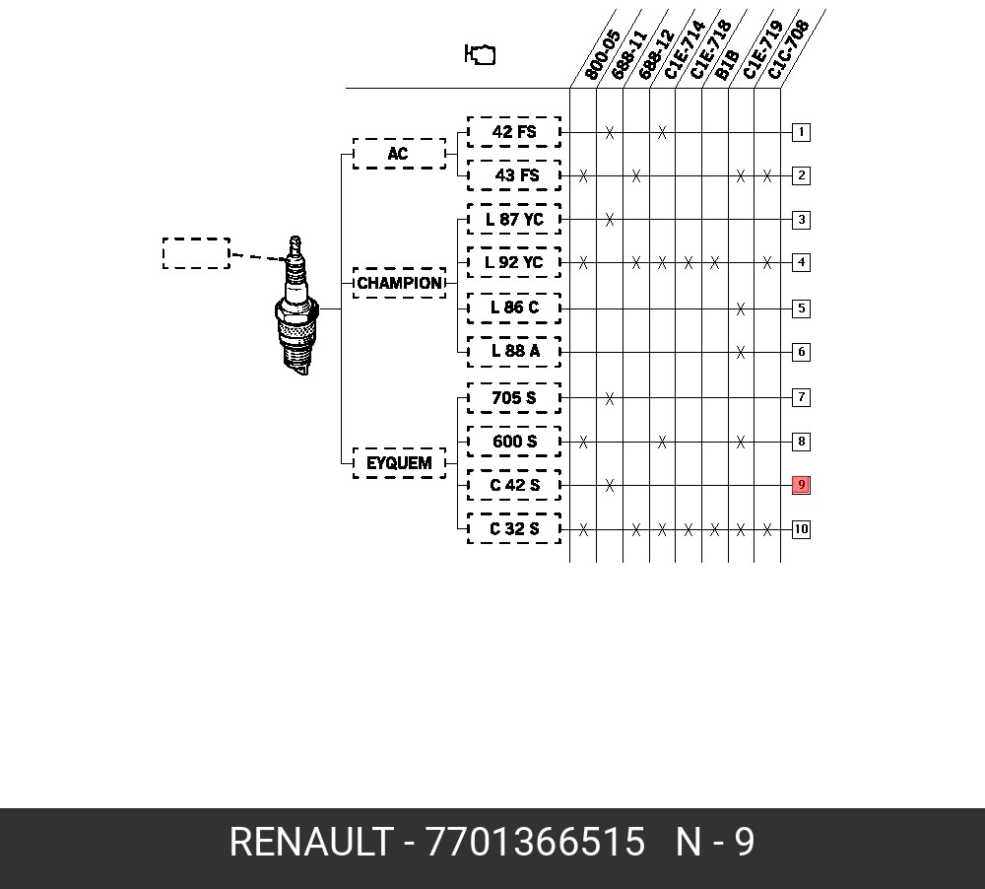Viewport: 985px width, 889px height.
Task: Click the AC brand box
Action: (399, 154)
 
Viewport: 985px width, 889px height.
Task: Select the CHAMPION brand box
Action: (399, 283)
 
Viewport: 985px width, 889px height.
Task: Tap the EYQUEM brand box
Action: (399, 463)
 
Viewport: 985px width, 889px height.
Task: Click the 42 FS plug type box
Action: (514, 132)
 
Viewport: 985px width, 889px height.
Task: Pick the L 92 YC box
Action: (514, 262)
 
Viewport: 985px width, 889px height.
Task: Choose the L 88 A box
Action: (514, 351)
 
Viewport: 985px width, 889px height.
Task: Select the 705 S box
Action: (514, 398)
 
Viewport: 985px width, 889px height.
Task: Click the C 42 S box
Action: (514, 485)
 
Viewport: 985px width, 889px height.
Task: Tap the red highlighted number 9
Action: (801, 485)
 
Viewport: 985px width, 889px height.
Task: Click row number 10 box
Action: (801, 528)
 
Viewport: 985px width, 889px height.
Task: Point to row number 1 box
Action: (801, 132)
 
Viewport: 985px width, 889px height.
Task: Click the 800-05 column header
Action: (602, 55)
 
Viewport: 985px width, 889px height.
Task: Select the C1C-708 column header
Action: (788, 49)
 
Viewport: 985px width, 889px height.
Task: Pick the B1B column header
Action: (728, 65)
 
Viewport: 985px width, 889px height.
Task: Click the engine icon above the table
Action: (480, 54)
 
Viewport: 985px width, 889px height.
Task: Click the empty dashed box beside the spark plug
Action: (196, 253)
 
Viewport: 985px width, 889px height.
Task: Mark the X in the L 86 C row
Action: (741, 308)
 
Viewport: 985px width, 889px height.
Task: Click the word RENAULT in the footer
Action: (311, 842)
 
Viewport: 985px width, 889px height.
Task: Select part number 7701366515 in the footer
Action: (535, 842)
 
